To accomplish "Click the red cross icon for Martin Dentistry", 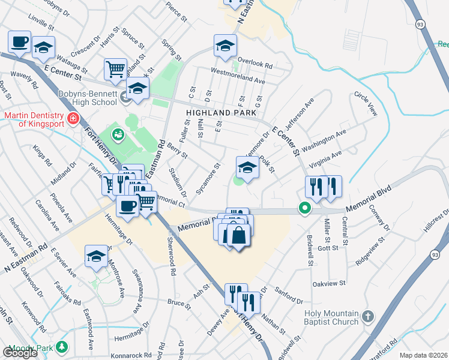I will coord(73,119).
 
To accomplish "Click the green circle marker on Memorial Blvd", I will coord(305,209).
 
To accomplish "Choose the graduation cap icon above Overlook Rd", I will coord(225,46).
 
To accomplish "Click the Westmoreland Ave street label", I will coord(238,76).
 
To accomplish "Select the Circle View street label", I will coord(366,103).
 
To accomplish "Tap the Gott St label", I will coord(329,247).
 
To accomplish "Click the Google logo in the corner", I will coord(19,353).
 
